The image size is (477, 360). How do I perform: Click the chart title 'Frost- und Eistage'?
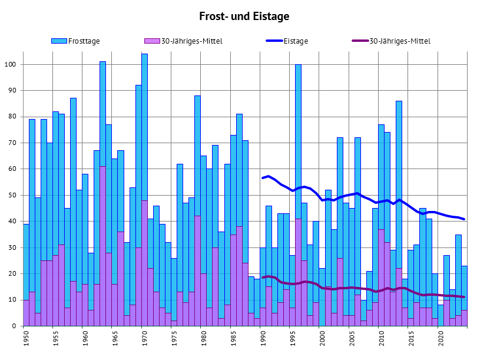click(x=244, y=16)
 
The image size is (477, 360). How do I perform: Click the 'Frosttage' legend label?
click(x=84, y=41)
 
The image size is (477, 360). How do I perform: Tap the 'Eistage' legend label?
click(x=296, y=41)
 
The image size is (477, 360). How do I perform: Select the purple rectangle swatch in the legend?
click(x=152, y=41)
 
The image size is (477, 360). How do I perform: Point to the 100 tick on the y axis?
click(x=13, y=64)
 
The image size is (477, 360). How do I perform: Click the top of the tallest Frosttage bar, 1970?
click(x=144, y=54)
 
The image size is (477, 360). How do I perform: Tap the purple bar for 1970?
click(x=144, y=265)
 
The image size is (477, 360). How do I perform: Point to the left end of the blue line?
click(x=263, y=178)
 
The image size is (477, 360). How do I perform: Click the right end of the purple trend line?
click(x=464, y=297)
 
